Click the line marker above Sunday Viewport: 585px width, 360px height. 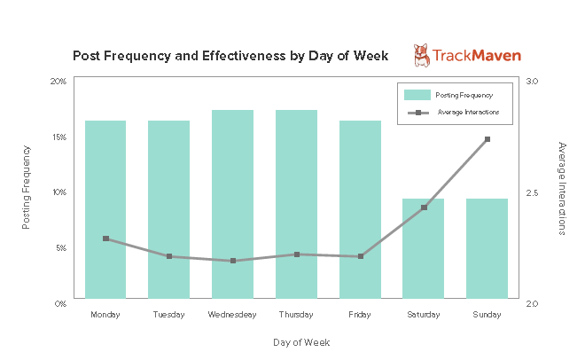[487, 139]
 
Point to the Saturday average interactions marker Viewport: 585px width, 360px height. [424, 207]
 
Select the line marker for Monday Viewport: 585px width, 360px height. [105, 239]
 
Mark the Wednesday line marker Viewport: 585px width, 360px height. [233, 261]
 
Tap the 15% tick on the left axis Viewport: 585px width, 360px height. [58, 137]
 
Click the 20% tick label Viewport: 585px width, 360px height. [58, 81]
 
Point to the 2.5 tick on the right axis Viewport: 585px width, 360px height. [532, 192]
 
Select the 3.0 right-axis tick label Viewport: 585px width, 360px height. [532, 81]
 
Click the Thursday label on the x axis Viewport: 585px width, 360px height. [296, 315]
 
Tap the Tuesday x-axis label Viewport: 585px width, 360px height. [168, 315]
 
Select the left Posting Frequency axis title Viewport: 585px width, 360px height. [27, 192]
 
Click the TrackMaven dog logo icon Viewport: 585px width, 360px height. [421, 56]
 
